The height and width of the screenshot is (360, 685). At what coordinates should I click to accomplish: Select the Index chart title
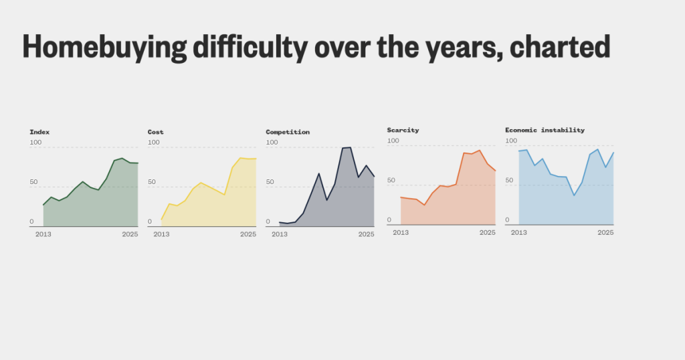point(39,132)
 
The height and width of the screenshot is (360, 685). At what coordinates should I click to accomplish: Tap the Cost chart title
point(155,132)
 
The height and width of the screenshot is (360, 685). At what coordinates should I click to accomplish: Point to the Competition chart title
point(288,132)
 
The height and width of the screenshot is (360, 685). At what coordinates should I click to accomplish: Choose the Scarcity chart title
point(403,130)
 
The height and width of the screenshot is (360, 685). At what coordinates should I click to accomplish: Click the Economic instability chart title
point(545,130)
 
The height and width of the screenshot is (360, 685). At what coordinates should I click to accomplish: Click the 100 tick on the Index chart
point(35,143)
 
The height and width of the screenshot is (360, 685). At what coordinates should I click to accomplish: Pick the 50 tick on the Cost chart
point(153,182)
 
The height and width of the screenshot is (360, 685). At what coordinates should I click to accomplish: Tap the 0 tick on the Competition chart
point(268,221)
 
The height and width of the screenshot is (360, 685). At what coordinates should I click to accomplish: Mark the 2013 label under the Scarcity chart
point(401,232)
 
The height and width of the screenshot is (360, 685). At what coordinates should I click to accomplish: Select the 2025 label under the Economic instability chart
point(605,232)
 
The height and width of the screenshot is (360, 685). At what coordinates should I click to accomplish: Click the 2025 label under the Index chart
point(130,234)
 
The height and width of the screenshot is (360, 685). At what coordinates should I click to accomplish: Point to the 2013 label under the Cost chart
point(161,234)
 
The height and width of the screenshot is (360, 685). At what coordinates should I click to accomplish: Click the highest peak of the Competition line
point(350,147)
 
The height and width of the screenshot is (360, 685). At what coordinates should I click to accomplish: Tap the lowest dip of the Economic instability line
point(574,195)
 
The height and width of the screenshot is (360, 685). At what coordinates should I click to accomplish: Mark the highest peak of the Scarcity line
point(480,151)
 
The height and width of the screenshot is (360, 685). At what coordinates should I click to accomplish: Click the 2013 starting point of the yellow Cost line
point(162,219)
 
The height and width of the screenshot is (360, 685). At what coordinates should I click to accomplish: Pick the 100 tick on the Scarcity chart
point(393,141)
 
